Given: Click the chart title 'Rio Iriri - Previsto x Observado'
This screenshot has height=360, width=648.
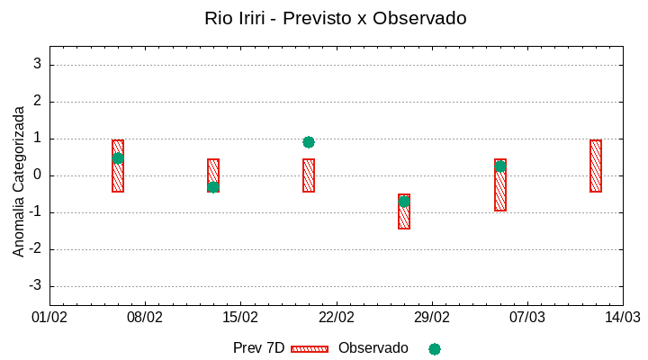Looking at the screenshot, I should [x=335, y=18].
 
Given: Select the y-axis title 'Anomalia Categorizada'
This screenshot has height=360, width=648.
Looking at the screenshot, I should [x=19, y=181].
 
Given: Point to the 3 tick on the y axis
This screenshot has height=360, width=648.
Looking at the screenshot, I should [x=37, y=65].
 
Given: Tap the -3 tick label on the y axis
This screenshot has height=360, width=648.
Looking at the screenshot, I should [x=34, y=286].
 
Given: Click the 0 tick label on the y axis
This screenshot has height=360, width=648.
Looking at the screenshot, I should [x=37, y=175].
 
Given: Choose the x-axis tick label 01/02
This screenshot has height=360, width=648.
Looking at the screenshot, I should [x=49, y=318].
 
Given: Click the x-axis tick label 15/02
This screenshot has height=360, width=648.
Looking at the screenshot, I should [x=240, y=318].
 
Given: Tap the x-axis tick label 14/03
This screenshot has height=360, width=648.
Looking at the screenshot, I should [x=622, y=318].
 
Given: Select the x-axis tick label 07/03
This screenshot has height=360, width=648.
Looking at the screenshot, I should [x=527, y=318].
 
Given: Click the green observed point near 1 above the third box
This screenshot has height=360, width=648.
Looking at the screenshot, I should [x=309, y=142].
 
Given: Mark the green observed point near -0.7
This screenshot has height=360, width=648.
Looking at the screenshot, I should [x=404, y=202].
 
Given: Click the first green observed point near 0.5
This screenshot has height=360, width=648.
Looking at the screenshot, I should [x=118, y=158].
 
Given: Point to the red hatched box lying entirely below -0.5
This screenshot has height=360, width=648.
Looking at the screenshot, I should [x=404, y=211].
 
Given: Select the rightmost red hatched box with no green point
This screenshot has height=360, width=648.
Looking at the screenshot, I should [x=596, y=166].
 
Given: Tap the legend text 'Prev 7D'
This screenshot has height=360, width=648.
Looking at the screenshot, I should [x=258, y=348].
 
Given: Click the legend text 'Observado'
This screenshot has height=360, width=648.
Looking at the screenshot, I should [x=373, y=348].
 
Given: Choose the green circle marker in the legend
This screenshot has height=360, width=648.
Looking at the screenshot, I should [x=435, y=349].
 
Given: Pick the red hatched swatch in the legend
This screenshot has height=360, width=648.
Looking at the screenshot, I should [x=310, y=349].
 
